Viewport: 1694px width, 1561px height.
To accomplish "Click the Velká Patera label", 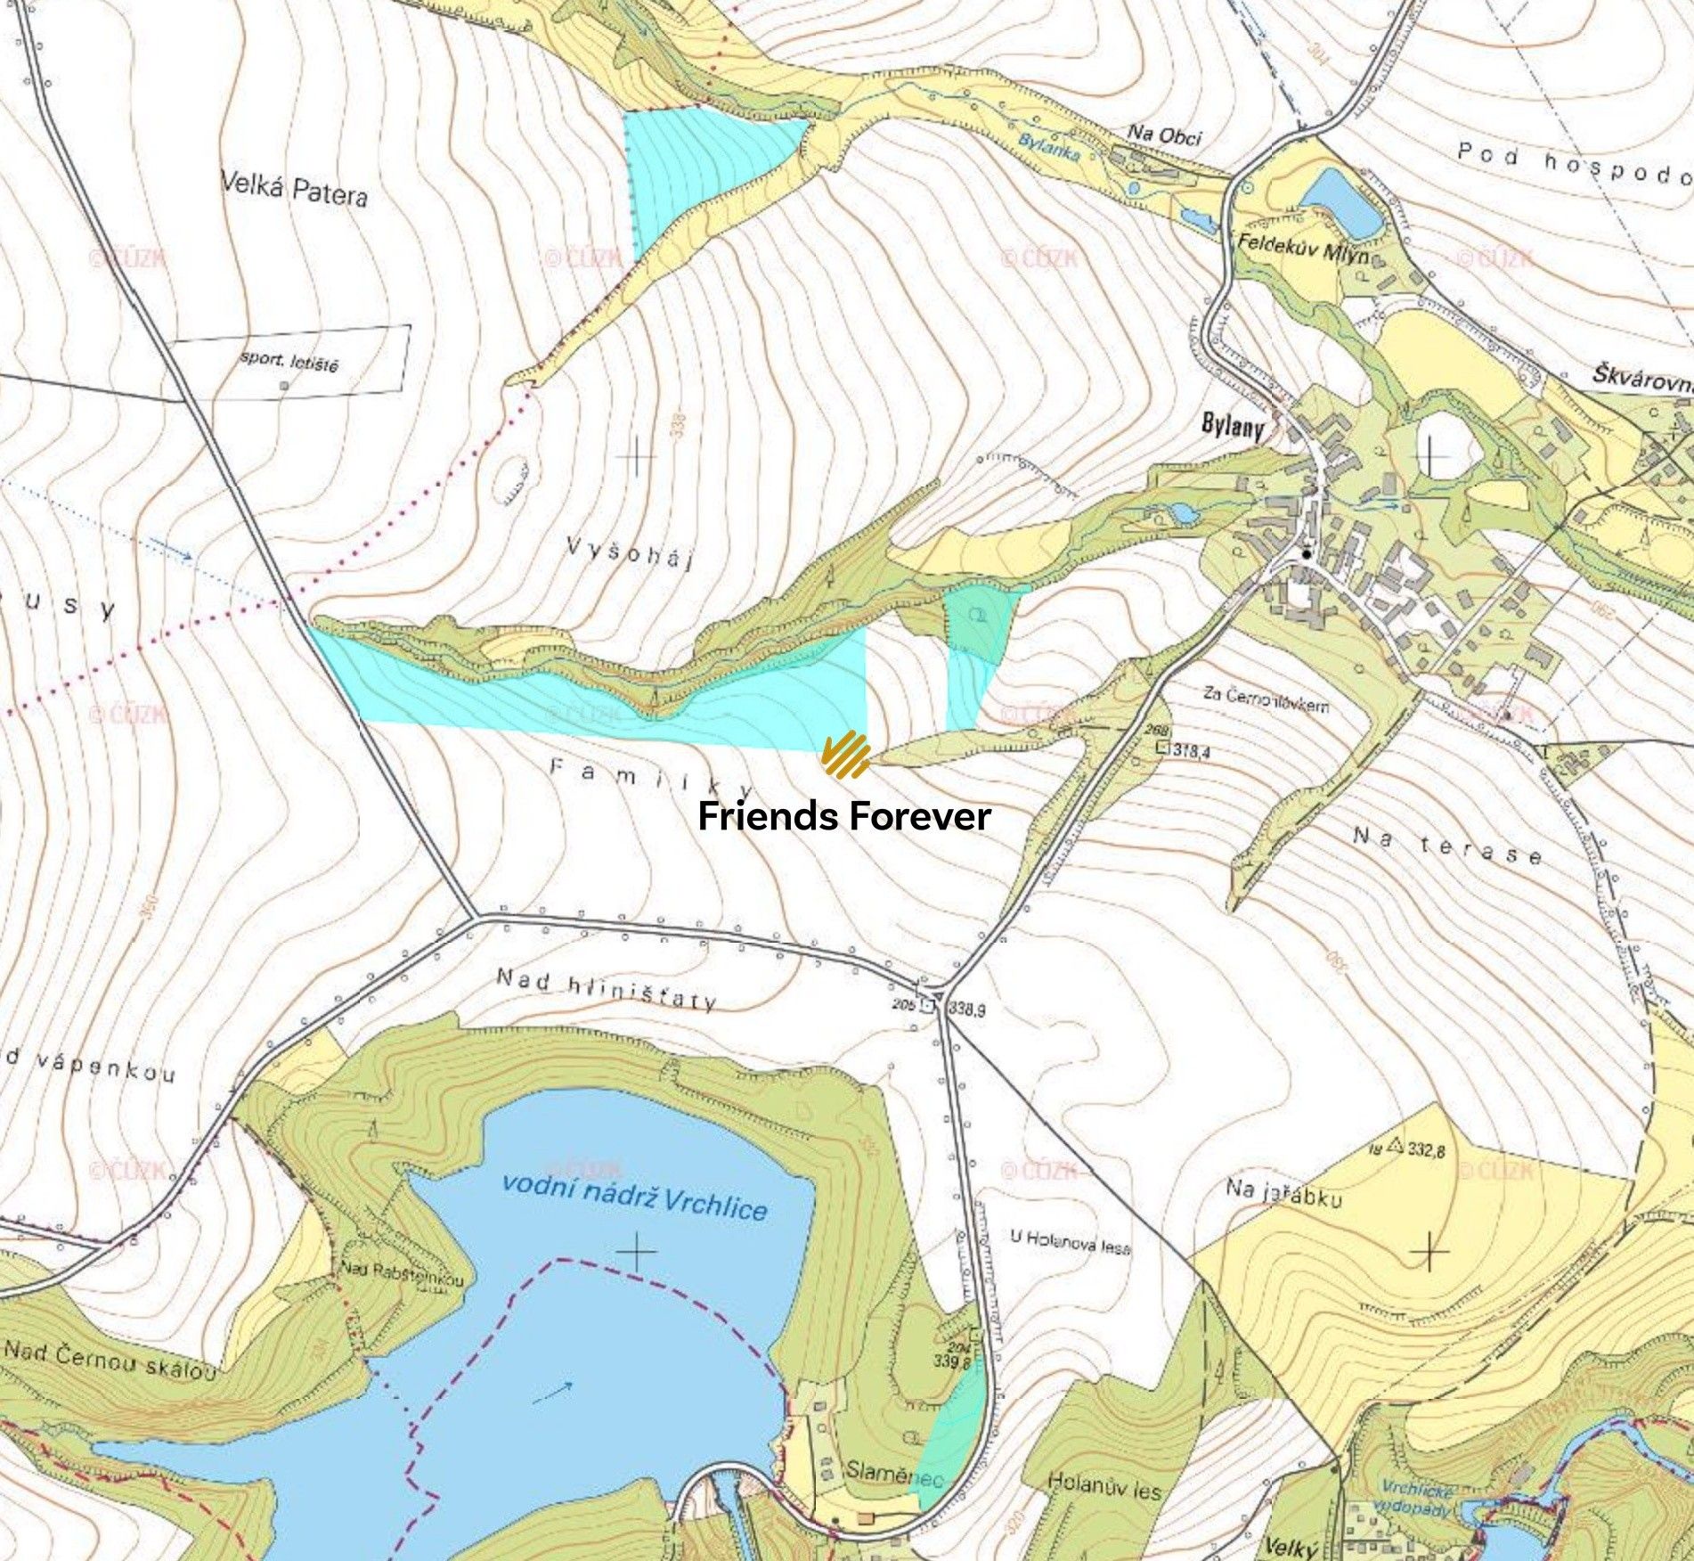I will point(294,190).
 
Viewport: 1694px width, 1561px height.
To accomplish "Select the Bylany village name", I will point(1233,426).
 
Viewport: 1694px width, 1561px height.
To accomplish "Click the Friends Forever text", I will point(843,816).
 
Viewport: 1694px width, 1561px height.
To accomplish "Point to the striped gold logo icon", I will point(845,755).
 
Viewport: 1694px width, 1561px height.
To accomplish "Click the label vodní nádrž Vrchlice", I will point(634,1196).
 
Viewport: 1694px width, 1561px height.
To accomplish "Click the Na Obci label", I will point(1164,135).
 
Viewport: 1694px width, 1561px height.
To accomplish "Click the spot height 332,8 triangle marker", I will point(1395,1146).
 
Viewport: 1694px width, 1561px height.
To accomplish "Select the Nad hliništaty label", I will point(606,990).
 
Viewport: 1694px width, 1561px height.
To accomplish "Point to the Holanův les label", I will point(1104,1486).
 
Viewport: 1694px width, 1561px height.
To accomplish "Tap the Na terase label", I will point(1446,846).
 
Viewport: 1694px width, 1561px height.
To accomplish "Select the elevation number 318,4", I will point(1191,750).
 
